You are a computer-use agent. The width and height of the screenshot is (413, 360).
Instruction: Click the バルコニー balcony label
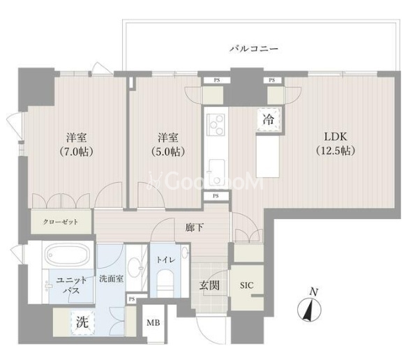point(254,49)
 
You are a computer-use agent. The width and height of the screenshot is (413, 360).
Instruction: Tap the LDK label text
point(335,137)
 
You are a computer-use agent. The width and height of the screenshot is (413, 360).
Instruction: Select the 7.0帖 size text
point(77,151)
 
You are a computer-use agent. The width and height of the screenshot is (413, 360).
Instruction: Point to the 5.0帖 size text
point(167,151)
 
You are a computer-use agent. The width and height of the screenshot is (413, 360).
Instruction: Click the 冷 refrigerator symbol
point(268,120)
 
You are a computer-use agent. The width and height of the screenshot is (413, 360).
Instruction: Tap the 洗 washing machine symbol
point(82,322)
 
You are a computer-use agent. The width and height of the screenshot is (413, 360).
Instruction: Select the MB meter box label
point(153,322)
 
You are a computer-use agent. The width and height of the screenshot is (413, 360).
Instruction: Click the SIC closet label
point(246,285)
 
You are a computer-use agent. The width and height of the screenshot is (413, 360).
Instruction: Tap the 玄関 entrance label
point(209,285)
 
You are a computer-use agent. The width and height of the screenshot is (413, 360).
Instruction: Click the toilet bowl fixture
point(165,283)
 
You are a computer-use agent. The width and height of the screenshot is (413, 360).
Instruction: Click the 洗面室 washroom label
point(112,278)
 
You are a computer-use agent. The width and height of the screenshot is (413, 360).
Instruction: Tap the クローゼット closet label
point(61,222)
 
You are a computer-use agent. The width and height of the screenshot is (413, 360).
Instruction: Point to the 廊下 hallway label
point(195,227)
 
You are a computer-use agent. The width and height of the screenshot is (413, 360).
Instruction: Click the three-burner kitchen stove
point(216,125)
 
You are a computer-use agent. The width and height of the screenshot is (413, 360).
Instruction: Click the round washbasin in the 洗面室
point(136,268)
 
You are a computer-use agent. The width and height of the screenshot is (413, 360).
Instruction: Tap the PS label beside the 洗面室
point(132,299)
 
